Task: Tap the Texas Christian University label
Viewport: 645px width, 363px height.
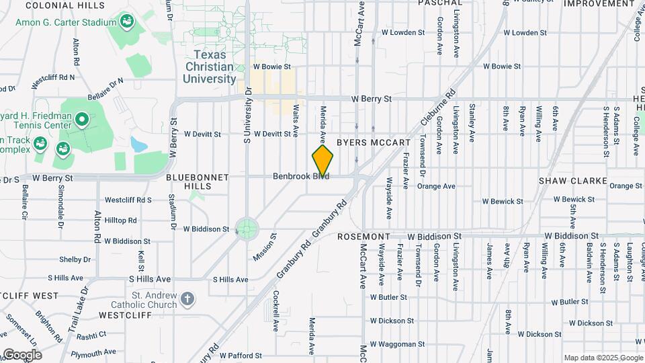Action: pyautogui.click(x=209, y=67)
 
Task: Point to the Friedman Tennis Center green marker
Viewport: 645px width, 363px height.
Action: pyautogui.click(x=83, y=120)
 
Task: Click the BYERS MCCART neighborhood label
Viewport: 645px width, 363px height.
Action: pyautogui.click(x=373, y=143)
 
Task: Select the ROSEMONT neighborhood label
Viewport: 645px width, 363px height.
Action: pyautogui.click(x=363, y=237)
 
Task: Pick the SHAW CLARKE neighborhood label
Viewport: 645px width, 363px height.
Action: pyautogui.click(x=572, y=182)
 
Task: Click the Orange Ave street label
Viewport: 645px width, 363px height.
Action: pyautogui.click(x=436, y=186)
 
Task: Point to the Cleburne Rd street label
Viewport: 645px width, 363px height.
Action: pyautogui.click(x=438, y=109)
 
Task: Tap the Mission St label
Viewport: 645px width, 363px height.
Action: pyautogui.click(x=265, y=247)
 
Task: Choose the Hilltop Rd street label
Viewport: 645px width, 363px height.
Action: pyautogui.click(x=120, y=220)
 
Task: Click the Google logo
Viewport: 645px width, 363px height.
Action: pyautogui.click(x=22, y=354)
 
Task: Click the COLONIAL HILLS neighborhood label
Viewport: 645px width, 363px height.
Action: pyautogui.click(x=59, y=5)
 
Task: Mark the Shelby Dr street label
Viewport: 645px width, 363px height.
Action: pyautogui.click(x=75, y=259)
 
